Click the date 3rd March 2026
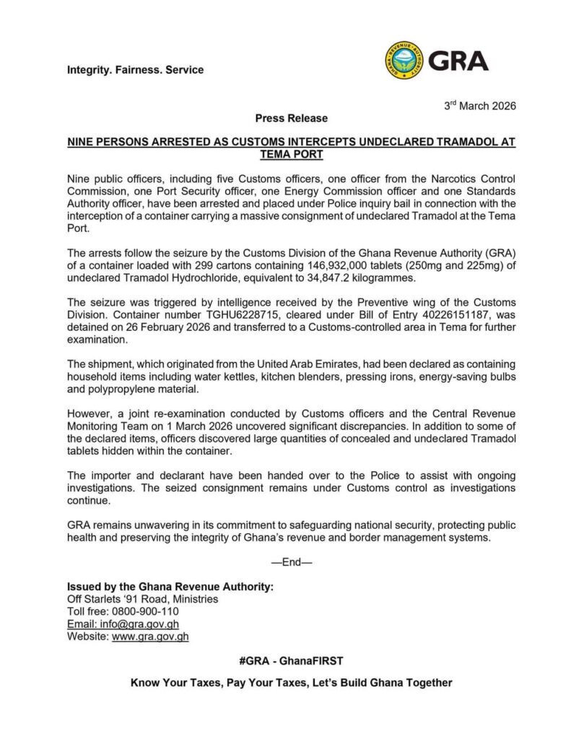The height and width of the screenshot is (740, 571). pyautogui.click(x=480, y=106)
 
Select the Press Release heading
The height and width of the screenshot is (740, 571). pyautogui.click(x=291, y=118)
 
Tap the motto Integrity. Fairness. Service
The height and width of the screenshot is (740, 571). pyautogui.click(x=135, y=70)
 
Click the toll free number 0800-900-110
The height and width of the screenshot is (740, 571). pyautogui.click(x=147, y=611)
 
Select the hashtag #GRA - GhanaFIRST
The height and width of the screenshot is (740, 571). pyautogui.click(x=291, y=661)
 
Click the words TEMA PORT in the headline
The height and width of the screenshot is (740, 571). pyautogui.click(x=291, y=155)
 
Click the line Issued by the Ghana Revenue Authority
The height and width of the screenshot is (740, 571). pyautogui.click(x=170, y=586)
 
